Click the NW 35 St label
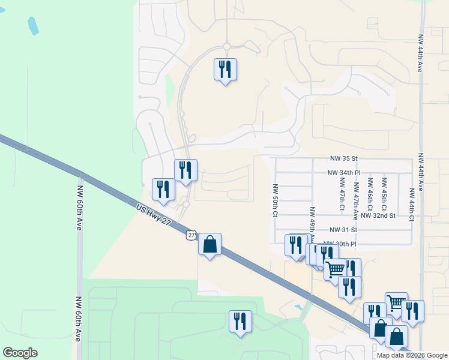point(343,158)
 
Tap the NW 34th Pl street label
point(343,172)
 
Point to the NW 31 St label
point(343,230)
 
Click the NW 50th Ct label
point(275,200)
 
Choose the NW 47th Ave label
point(356,198)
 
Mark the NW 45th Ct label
point(384,192)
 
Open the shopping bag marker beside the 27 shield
point(209,245)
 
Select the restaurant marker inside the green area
point(240,322)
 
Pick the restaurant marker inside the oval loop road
point(225,70)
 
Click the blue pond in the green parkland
point(33,25)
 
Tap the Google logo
point(20,353)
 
